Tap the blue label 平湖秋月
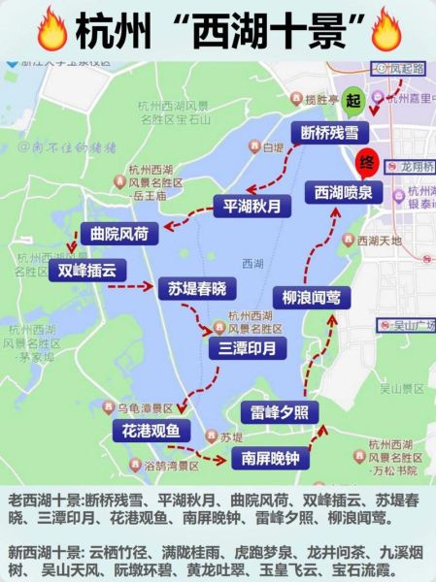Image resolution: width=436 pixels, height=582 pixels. click(252, 206)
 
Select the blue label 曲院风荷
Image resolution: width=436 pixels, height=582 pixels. click(118, 234)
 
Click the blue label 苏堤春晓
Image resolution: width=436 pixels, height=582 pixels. click(197, 288)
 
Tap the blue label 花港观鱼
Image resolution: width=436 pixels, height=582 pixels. click(151, 430)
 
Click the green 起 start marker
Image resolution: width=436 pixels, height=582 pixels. click(351, 101)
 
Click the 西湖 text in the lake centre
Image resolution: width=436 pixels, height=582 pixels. click(252, 263)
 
